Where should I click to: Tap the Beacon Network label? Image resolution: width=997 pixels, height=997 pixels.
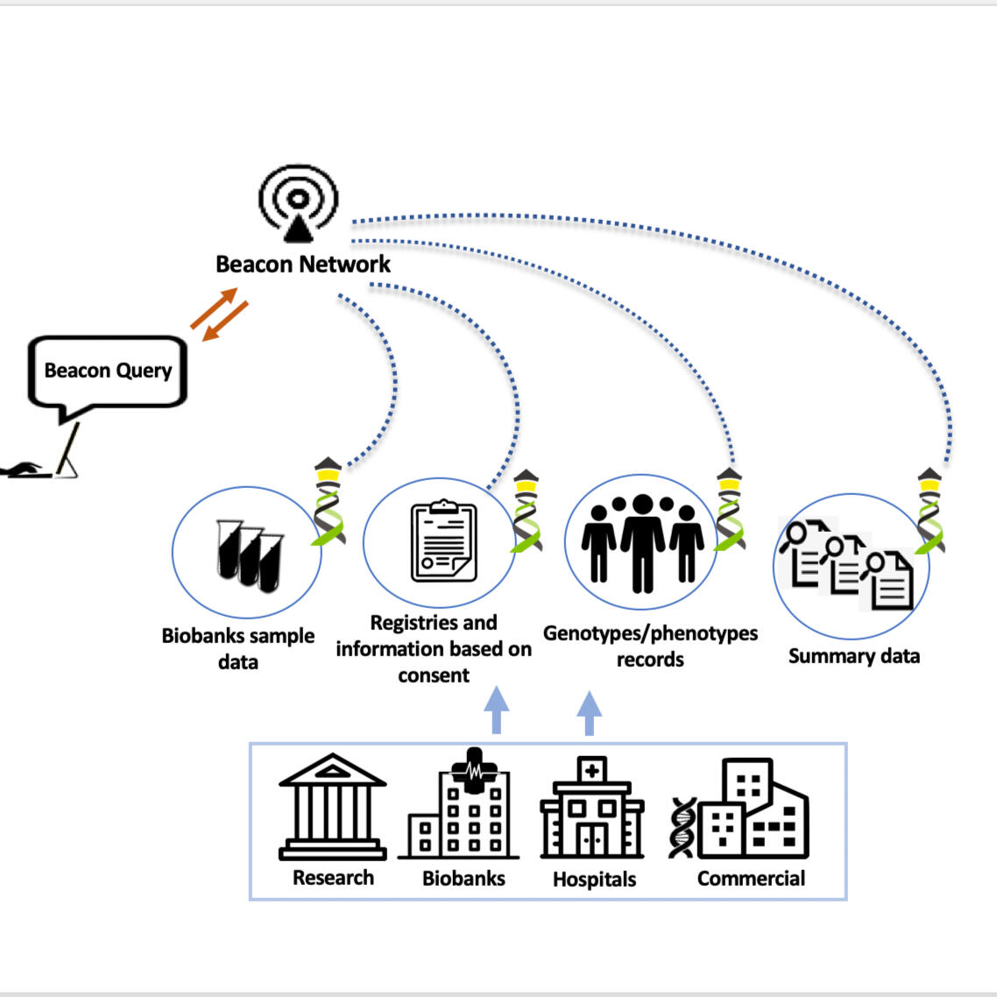(x=303, y=264)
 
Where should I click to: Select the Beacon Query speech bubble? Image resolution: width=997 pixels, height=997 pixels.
(x=108, y=371)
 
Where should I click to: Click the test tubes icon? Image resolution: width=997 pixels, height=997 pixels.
(x=250, y=555)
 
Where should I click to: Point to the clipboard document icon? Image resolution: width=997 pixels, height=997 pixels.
(x=444, y=541)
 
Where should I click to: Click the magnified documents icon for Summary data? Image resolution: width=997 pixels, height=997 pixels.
(x=846, y=565)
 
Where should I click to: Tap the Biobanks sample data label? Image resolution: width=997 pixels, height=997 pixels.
(x=238, y=648)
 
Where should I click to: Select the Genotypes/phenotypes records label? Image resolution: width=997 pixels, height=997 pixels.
(x=650, y=646)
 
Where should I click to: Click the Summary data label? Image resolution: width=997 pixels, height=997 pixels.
(x=854, y=656)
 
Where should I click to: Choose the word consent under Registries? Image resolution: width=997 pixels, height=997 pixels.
(x=434, y=675)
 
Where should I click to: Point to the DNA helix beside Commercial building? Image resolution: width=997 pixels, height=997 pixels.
(x=682, y=828)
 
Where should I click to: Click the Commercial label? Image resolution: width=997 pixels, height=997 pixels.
(x=751, y=879)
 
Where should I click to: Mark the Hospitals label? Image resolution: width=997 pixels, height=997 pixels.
(x=594, y=880)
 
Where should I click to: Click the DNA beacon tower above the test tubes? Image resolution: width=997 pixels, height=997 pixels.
(x=328, y=501)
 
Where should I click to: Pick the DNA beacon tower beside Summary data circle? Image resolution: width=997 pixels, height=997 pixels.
(x=930, y=512)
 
